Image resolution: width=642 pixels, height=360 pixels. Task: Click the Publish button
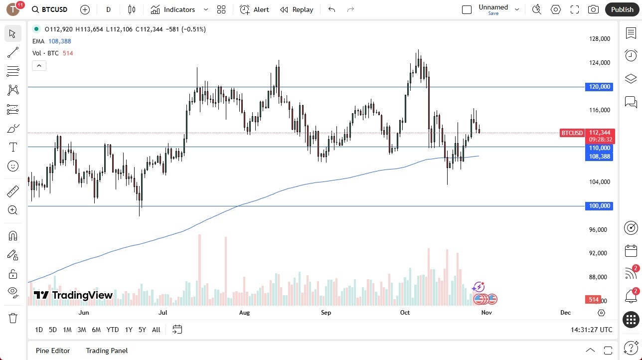click(x=622, y=9)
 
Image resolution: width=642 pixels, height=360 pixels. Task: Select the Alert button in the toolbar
click(x=255, y=9)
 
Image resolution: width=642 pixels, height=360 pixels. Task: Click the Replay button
click(x=297, y=9)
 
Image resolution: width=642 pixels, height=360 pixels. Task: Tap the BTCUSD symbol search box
click(x=49, y=9)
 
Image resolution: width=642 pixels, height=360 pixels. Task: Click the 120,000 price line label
click(x=599, y=87)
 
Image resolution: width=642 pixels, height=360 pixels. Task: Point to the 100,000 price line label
click(x=599, y=206)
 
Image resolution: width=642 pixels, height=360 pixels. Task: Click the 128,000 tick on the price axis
click(x=599, y=39)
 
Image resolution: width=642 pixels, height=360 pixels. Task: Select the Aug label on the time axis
click(x=244, y=313)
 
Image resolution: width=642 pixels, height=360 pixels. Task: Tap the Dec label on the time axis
click(x=565, y=313)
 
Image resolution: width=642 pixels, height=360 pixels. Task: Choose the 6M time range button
click(x=96, y=330)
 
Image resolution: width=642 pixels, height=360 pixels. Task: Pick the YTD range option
click(x=113, y=330)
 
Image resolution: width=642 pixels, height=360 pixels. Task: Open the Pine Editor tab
click(x=53, y=351)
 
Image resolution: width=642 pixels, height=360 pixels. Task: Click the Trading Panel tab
click(x=107, y=351)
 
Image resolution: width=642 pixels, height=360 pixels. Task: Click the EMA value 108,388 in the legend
click(x=60, y=41)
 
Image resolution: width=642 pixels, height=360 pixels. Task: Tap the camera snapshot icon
click(x=593, y=9)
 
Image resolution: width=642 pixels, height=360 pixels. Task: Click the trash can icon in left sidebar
click(x=13, y=318)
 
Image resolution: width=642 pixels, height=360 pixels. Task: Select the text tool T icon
click(x=13, y=147)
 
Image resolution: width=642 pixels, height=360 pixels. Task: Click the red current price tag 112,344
click(x=600, y=133)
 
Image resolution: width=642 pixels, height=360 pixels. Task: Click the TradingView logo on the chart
click(x=73, y=295)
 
